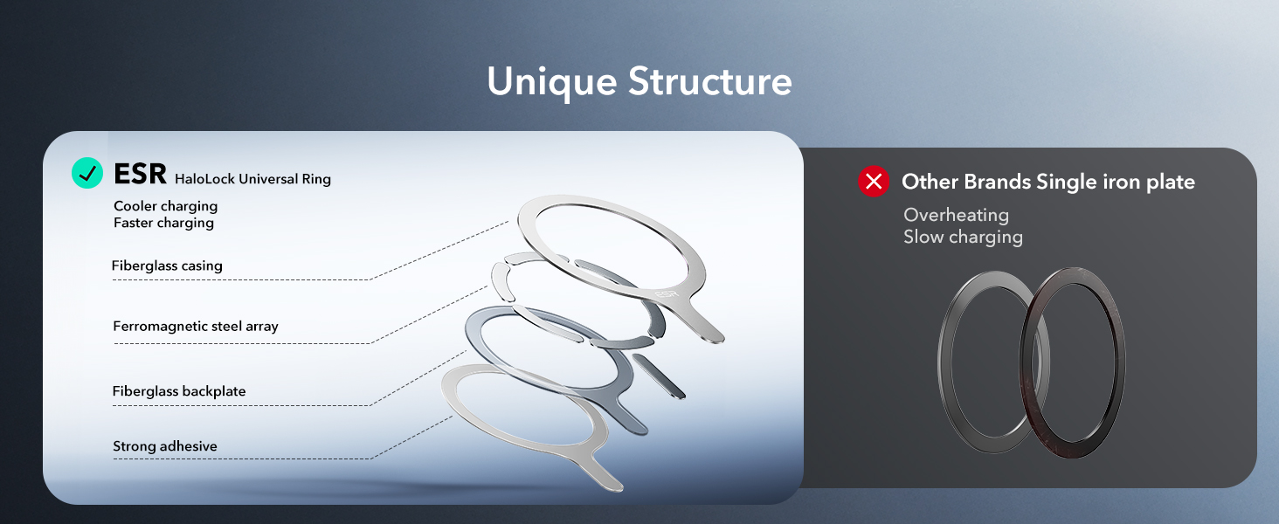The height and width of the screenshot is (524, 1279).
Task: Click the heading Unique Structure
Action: tap(639, 81)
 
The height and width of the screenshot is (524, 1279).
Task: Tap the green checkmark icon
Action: tap(87, 173)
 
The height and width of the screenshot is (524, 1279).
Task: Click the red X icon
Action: tap(873, 182)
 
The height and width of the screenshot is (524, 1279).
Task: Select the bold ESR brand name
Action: tap(140, 174)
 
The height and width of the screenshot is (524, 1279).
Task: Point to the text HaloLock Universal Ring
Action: tap(252, 179)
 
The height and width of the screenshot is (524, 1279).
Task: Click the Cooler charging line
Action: tap(165, 206)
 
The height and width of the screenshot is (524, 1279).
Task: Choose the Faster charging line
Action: tap(163, 223)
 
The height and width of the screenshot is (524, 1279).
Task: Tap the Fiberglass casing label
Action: tap(167, 265)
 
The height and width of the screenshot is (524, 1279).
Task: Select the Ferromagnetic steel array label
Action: tap(196, 327)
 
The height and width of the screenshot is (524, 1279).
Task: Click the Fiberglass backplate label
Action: tap(179, 391)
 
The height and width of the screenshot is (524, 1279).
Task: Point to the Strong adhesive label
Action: tap(165, 446)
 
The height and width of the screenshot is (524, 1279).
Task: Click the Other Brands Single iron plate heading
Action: tap(1048, 182)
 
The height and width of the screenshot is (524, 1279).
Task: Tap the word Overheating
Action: tap(956, 215)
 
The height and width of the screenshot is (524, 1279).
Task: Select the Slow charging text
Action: tap(963, 237)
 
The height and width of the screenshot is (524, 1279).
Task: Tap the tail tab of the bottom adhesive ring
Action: tap(606, 476)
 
